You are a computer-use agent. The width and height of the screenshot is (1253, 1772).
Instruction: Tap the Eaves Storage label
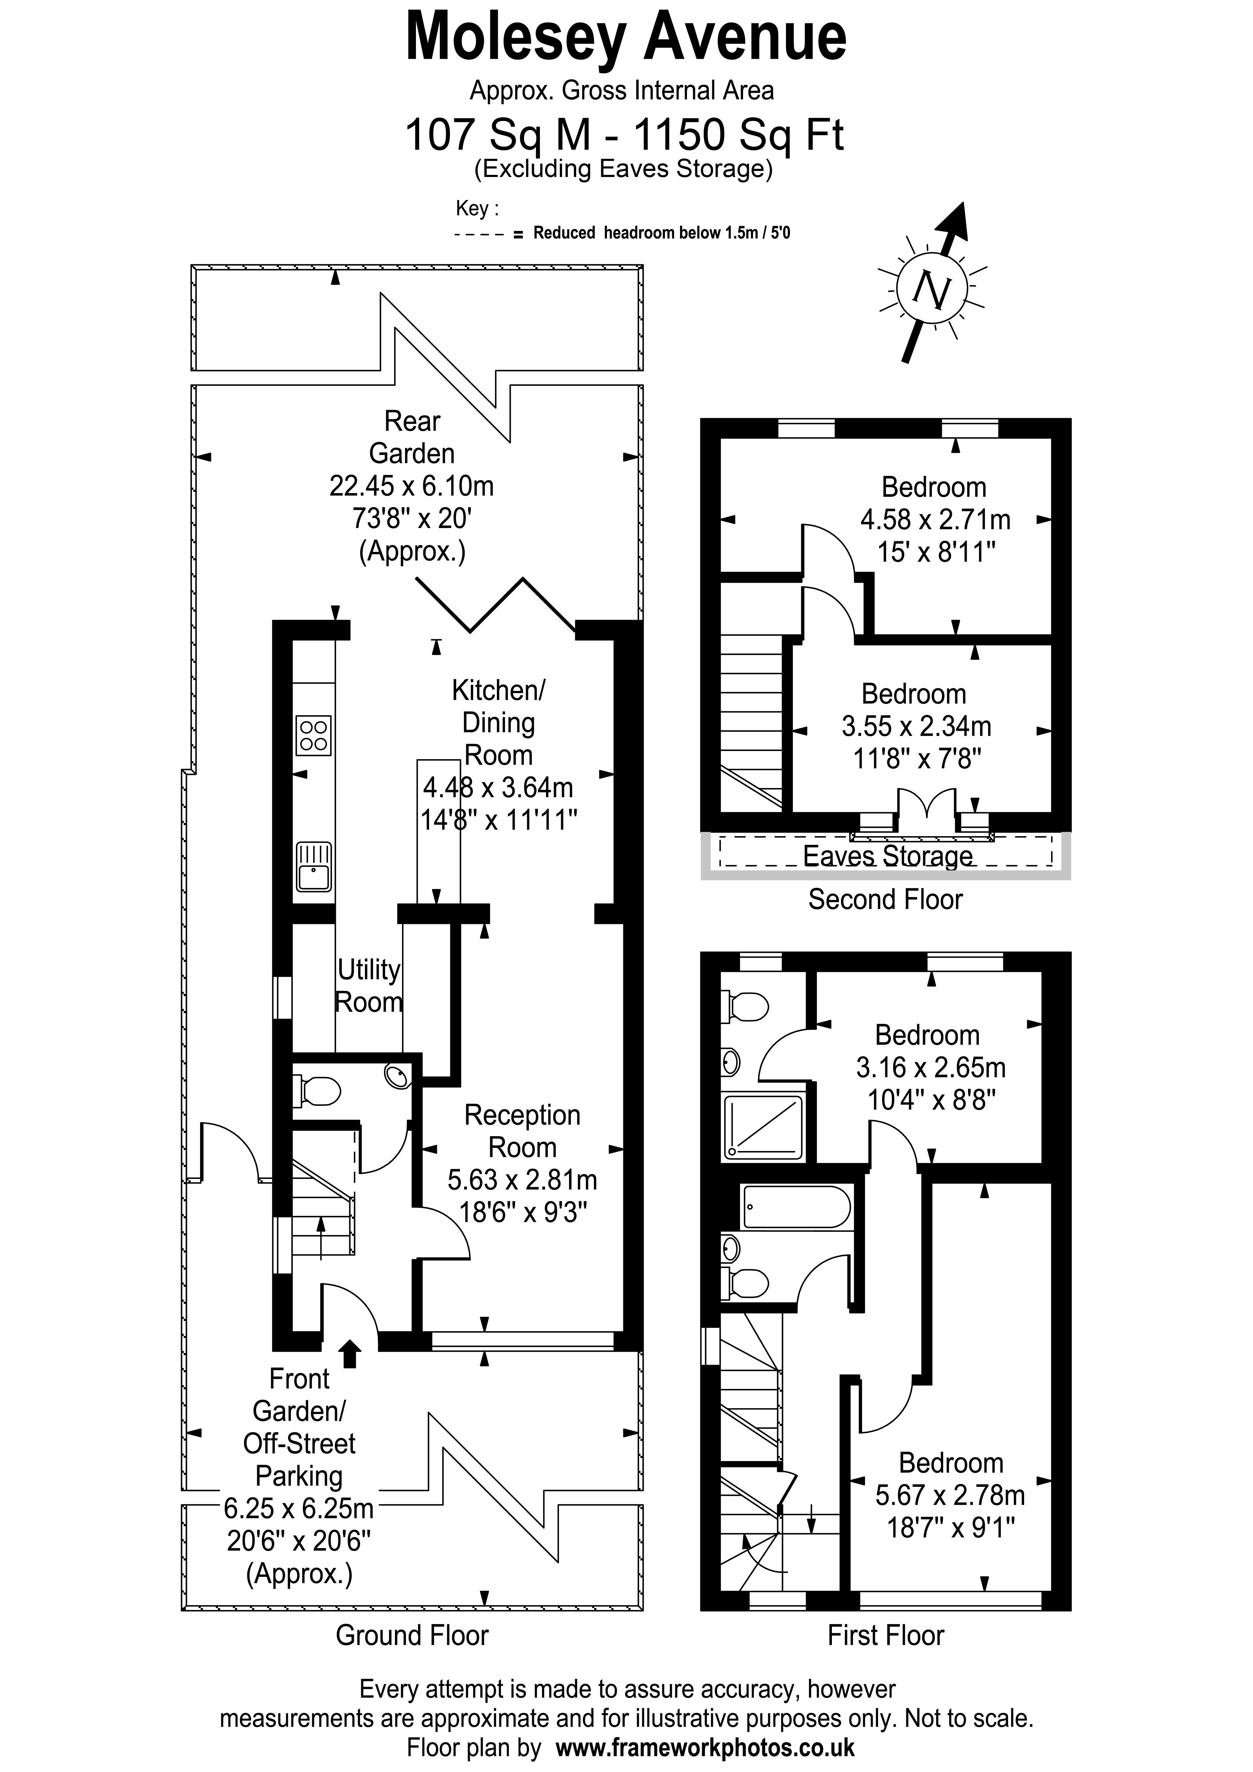pyautogui.click(x=888, y=856)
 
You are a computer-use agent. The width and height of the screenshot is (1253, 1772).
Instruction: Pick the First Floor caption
pyautogui.click(x=886, y=1635)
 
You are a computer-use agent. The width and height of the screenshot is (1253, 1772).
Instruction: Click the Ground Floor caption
pyautogui.click(x=412, y=1635)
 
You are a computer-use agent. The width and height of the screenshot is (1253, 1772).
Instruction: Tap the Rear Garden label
pyautogui.click(x=412, y=437)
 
